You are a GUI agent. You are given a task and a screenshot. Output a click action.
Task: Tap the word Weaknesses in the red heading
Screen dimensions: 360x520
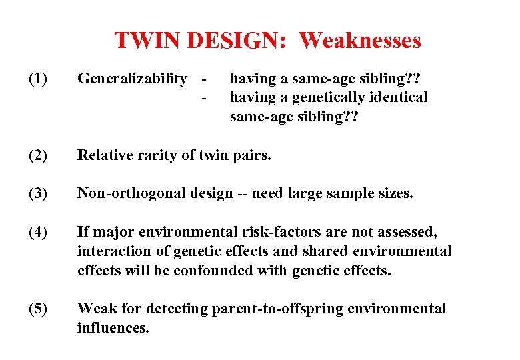360,41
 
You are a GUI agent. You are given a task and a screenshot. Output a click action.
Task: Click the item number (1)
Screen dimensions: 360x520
38,79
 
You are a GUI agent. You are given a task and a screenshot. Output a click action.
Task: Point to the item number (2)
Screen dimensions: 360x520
38,155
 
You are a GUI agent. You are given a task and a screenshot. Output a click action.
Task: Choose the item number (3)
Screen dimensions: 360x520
38,193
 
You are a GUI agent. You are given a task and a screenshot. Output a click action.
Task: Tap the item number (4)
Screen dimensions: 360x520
38,232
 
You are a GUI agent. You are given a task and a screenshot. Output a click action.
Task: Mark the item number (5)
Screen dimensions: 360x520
38,309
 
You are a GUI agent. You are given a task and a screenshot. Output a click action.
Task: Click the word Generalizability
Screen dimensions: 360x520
132,79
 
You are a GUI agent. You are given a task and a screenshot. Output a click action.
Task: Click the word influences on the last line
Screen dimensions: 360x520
113,328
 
